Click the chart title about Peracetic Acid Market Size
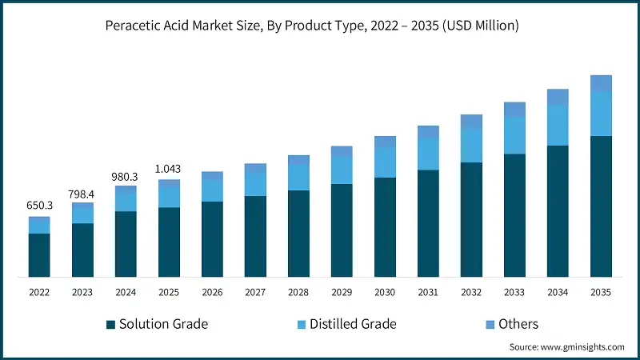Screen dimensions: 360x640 point(312,26)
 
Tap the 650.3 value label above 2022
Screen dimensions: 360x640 point(39,206)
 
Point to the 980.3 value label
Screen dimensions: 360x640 point(126,176)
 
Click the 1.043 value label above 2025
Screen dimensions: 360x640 point(169,169)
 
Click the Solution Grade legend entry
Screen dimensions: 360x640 point(157,324)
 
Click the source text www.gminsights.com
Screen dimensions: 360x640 point(566,347)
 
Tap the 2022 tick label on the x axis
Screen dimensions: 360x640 point(39,293)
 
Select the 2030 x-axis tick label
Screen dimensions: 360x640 point(385,293)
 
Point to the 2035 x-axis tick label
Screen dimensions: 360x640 point(601,293)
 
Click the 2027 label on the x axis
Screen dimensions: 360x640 point(255,293)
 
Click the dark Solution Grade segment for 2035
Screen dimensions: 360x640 point(601,206)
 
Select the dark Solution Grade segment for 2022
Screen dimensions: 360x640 point(39,255)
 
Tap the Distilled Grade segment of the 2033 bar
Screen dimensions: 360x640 point(514,135)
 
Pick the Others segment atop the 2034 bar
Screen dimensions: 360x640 point(558,97)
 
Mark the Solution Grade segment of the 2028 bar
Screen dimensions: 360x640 point(298,234)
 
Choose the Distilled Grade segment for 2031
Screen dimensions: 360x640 point(428,154)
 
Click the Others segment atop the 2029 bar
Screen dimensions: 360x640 point(342,151)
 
